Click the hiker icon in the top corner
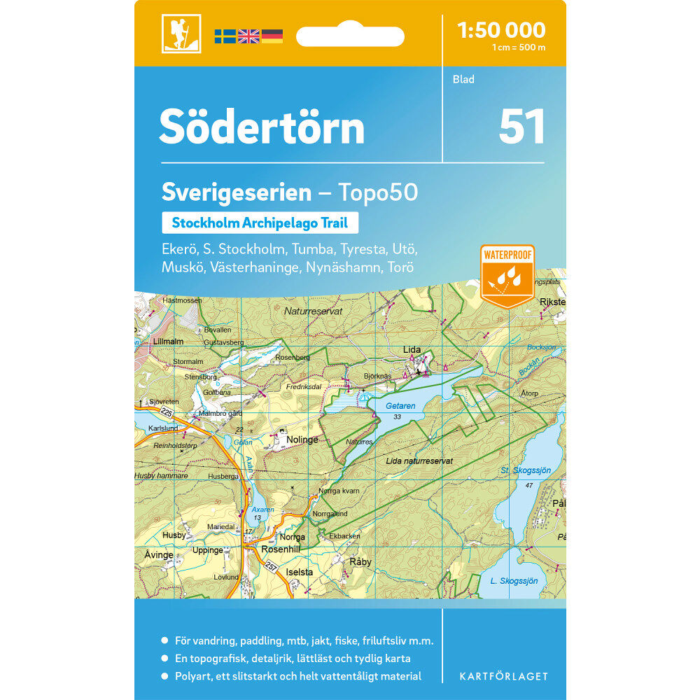(x=181, y=34)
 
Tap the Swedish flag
(x=225, y=36)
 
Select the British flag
(x=248, y=36)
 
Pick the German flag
(x=272, y=36)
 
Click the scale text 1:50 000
(x=500, y=30)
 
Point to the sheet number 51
(x=521, y=127)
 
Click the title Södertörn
(x=262, y=127)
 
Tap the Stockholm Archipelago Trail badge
(x=260, y=223)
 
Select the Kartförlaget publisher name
(x=503, y=676)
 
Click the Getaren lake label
(x=400, y=406)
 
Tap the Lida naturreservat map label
(x=420, y=461)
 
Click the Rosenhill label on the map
(x=280, y=549)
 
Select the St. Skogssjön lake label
(x=526, y=470)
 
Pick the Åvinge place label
(x=158, y=555)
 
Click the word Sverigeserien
(x=237, y=192)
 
